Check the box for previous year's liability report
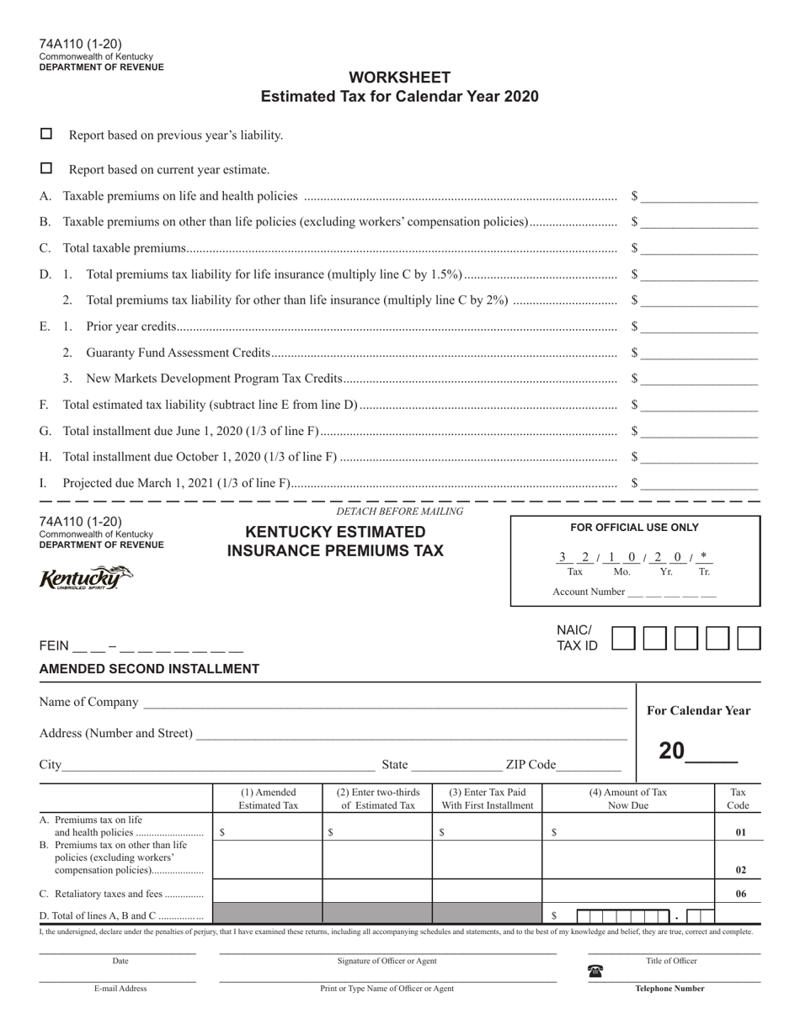coord(46,134)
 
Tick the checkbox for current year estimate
coord(46,168)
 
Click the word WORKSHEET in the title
coord(400,77)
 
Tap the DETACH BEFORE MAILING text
coord(400,512)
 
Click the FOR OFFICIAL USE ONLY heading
coord(635,528)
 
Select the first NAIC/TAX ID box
coord(623,638)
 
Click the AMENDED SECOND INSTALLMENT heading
coord(149,669)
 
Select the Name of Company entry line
coord(384,703)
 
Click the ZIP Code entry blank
coord(589,765)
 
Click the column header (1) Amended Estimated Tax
coord(269,799)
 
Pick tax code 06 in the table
coord(740,894)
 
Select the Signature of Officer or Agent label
coord(387,961)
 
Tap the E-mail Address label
coord(120,989)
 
